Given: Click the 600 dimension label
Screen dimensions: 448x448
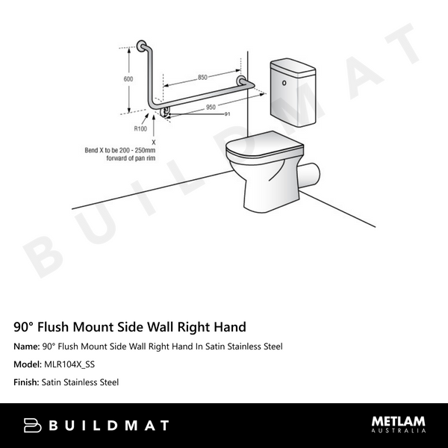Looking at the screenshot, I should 128,79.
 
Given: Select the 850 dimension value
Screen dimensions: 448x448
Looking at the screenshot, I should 203,77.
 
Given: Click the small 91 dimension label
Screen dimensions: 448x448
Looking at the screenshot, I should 226,113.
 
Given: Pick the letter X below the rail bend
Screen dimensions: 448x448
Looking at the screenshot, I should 153,141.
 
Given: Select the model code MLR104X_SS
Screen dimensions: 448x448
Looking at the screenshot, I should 68,364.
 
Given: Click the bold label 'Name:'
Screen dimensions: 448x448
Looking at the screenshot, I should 27,346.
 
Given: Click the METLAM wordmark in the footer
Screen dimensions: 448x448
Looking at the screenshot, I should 399,422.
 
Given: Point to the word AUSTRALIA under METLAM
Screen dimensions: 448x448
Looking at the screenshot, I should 399,431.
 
